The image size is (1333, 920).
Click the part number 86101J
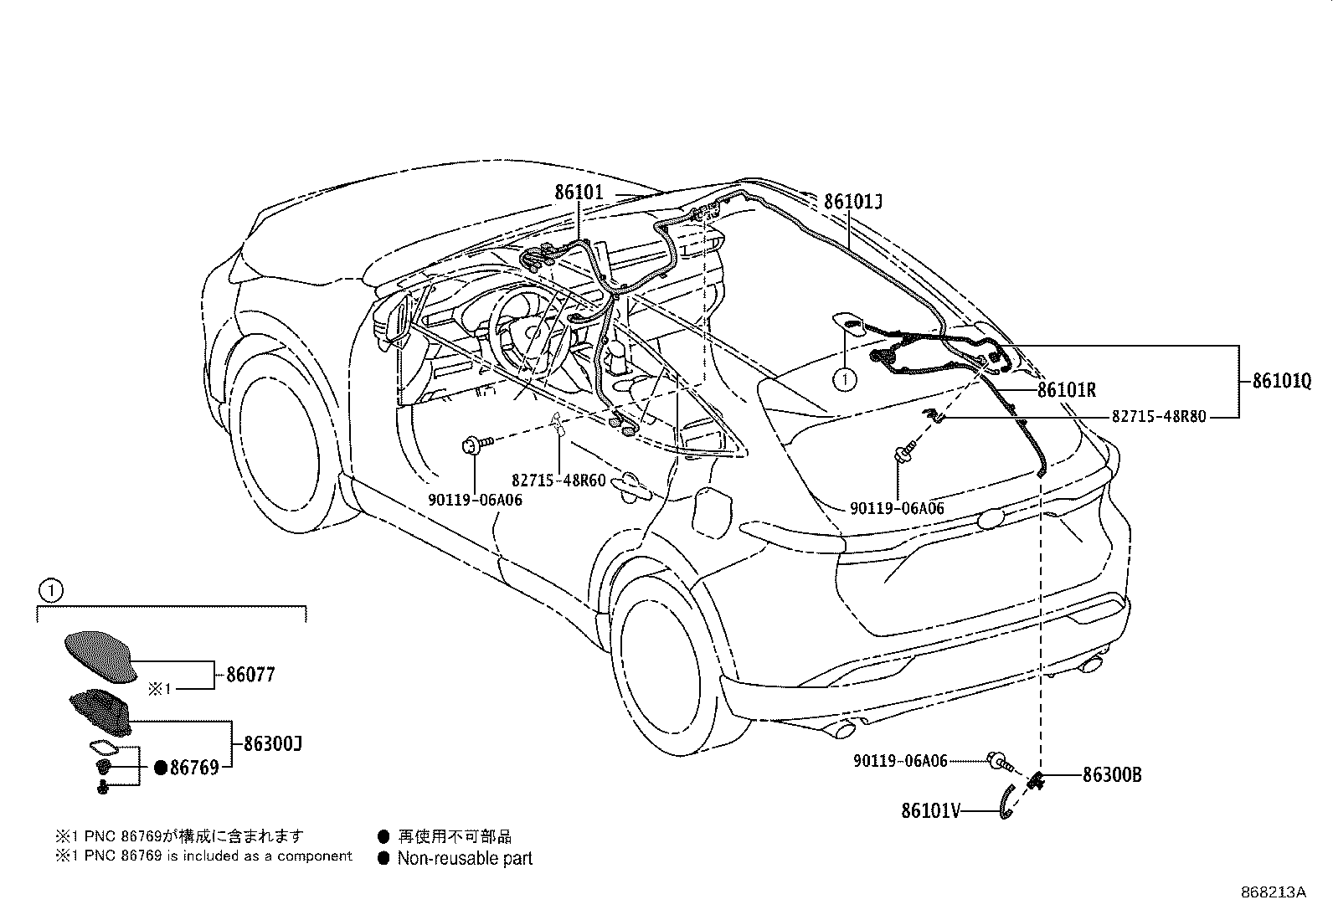pos(853,202)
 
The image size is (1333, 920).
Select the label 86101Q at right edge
pos(1281,381)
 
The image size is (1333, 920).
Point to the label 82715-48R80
pos(1159,416)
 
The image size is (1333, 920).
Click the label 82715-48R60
pos(558,480)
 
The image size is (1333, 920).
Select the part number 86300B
pos(1111,775)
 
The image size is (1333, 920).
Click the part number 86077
pos(250,675)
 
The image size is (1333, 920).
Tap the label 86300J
pos(273,743)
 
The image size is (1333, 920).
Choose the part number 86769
pos(194,767)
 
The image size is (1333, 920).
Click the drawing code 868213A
pos(1273,892)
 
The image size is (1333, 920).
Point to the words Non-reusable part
pos(465,858)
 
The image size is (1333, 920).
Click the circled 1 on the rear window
pos(845,379)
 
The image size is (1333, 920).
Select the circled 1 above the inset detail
pos(51,591)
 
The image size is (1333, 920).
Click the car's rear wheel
pos(664,661)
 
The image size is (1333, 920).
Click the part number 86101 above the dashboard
pos(578,192)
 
